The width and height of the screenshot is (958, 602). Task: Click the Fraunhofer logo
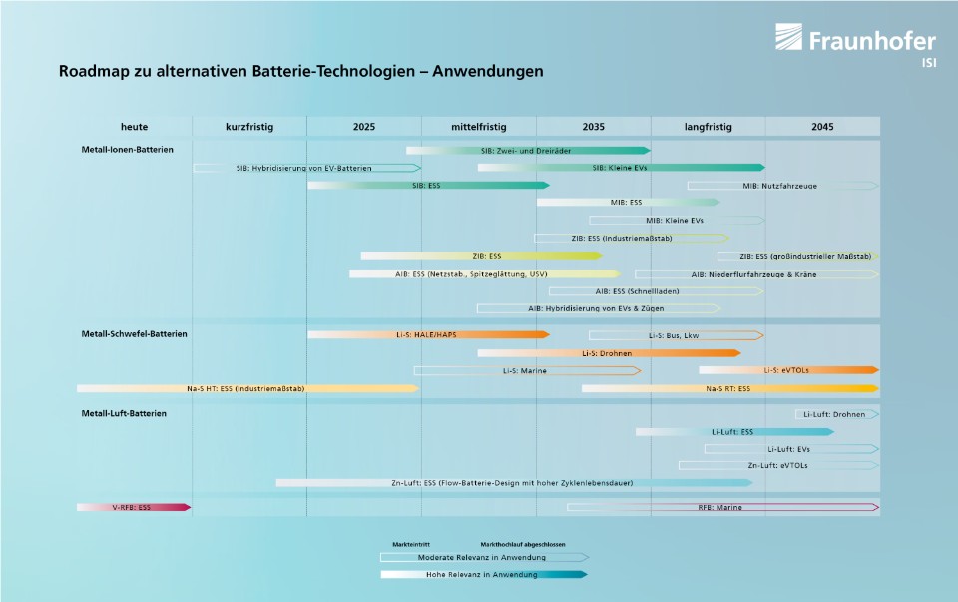[x=855, y=42]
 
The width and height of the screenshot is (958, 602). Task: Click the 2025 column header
[x=364, y=127]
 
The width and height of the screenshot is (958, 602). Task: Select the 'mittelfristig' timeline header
[x=479, y=127]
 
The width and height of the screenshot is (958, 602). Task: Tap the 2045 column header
[x=822, y=127]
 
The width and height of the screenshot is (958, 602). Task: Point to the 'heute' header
[x=135, y=127]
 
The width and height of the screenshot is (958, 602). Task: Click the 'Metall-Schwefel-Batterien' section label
[x=134, y=333]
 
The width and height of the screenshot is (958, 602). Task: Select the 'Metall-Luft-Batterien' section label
[x=124, y=412]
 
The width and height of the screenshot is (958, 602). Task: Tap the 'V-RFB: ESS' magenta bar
[x=132, y=507]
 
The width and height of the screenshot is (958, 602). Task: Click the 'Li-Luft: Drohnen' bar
[x=836, y=414]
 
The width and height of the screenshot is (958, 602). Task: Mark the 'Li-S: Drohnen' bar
[x=608, y=353]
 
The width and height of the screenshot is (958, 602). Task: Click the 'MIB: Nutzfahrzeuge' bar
[x=780, y=186]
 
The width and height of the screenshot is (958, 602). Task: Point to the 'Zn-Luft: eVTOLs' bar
[x=777, y=465]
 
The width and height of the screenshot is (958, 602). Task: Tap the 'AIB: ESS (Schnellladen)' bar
[x=655, y=291]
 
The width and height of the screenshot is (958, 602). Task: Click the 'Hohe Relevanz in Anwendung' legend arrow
[x=483, y=574]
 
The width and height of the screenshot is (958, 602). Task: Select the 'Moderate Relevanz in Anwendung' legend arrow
[x=483, y=557]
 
